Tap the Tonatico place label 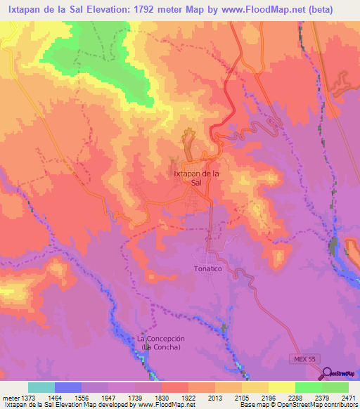[212, 269]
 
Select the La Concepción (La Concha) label [160, 343]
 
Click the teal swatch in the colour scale [41, 387]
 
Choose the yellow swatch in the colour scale [282, 387]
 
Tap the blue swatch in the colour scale [68, 387]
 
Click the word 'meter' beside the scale [10, 398]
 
